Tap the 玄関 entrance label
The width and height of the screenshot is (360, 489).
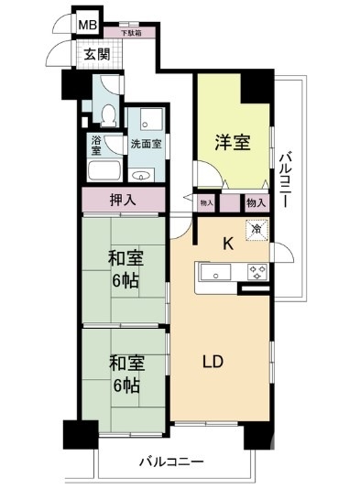96,53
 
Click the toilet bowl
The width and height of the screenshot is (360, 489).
110,114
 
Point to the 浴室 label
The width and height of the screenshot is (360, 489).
97,144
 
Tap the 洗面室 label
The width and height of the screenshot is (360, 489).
145,144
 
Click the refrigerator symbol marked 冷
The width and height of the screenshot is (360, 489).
257,231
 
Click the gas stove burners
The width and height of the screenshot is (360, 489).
257,271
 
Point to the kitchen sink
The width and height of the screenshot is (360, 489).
216,272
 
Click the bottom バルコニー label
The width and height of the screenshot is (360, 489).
170,461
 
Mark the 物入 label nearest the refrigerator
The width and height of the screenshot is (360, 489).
256,203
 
